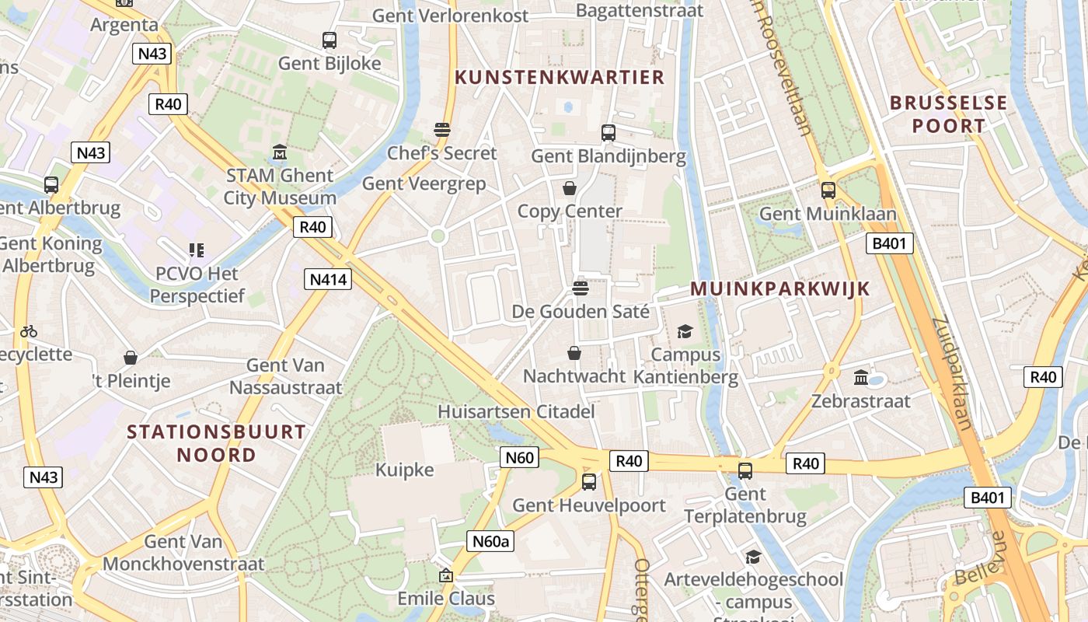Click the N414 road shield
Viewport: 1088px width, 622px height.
(328, 279)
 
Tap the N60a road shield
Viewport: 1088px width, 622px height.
(491, 541)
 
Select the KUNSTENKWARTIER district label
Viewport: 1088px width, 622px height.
(560, 77)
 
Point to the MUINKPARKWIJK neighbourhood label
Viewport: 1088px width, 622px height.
(780, 288)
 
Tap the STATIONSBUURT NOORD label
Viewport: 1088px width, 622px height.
(217, 443)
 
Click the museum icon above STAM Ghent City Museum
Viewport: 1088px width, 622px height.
(280, 152)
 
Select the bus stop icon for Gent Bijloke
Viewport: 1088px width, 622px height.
(330, 40)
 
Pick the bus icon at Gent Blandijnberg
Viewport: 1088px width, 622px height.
(609, 133)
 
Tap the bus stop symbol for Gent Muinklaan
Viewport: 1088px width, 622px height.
(828, 190)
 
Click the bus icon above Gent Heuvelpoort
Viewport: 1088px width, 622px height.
(589, 482)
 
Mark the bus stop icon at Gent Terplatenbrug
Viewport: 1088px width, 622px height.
(745, 470)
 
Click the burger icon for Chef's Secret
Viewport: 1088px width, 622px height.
(442, 129)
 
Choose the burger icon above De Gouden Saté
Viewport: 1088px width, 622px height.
(580, 288)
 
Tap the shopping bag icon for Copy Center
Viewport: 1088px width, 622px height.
(570, 188)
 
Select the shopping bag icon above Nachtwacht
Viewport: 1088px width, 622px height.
(574, 354)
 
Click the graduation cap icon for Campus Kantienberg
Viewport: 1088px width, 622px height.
(685, 332)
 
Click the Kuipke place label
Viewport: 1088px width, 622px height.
(404, 470)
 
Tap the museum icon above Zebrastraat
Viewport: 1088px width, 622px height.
(861, 378)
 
